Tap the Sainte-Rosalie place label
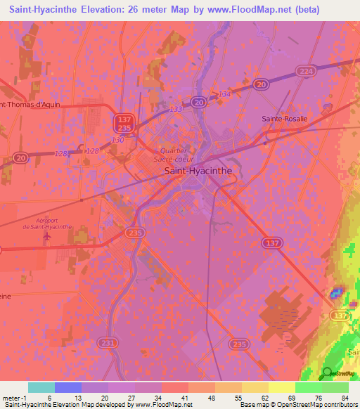[x=284, y=119]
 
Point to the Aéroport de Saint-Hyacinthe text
[x=47, y=223]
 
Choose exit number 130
[x=117, y=141]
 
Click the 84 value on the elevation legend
[x=344, y=397]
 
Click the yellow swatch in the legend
[x=281, y=387]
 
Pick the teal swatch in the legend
[x=41, y=387]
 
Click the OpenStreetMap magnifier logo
[x=326, y=373]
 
